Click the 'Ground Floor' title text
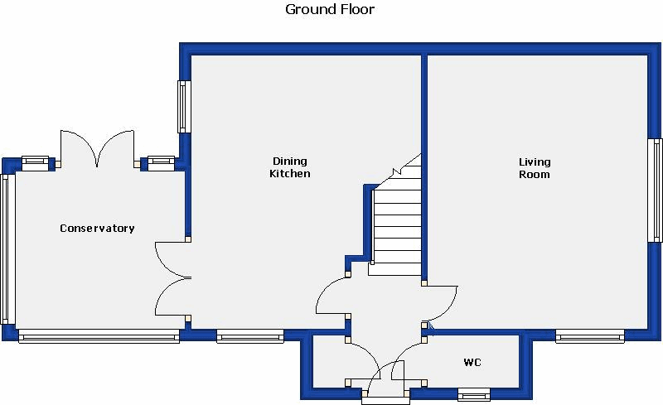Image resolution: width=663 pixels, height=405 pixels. coord(330,10)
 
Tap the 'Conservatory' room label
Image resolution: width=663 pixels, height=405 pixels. coord(97,229)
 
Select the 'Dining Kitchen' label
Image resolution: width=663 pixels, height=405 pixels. coord(290,168)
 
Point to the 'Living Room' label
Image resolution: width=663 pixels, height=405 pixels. coord(535,168)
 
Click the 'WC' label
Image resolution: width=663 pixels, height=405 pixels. coord(472,363)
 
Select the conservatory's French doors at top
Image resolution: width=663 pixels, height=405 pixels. coord(97,149)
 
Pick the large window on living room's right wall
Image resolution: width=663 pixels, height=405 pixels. coord(655,190)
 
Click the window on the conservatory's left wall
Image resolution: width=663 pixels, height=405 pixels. coord(7,248)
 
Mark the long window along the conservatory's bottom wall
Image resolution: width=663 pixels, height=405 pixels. coord(99,336)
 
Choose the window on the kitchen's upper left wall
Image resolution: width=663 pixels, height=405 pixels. coord(183,106)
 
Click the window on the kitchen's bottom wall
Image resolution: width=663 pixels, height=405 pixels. coord(249,336)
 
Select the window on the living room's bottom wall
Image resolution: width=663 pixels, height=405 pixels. coord(589,336)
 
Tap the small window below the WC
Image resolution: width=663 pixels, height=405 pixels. coord(474,393)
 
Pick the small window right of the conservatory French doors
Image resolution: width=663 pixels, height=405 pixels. coord(160,163)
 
